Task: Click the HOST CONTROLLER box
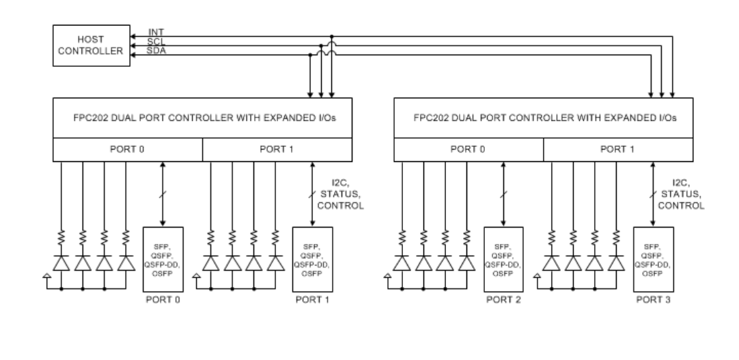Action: (x=90, y=46)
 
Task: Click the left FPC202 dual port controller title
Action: (x=202, y=117)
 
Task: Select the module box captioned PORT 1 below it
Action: (x=312, y=259)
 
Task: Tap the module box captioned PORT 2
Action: (x=503, y=259)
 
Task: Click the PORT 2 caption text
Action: (x=503, y=299)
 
